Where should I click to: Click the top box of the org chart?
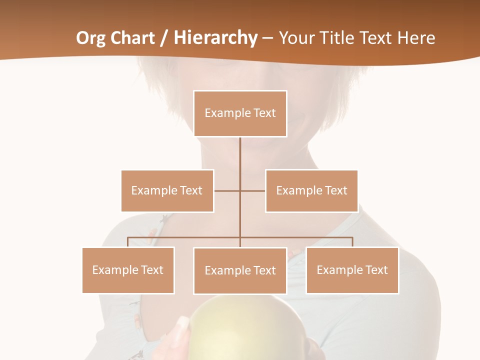pyautogui.click(x=240, y=113)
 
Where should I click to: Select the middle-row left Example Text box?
pyautogui.click(x=167, y=190)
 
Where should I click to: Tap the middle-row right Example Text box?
pyautogui.click(x=311, y=190)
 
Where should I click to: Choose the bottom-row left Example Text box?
pyautogui.click(x=128, y=270)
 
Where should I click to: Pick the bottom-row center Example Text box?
pyautogui.click(x=240, y=270)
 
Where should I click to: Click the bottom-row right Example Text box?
pyautogui.click(x=352, y=270)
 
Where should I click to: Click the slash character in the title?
pyautogui.click(x=164, y=38)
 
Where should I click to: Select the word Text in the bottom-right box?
pyautogui.click(x=376, y=270)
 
